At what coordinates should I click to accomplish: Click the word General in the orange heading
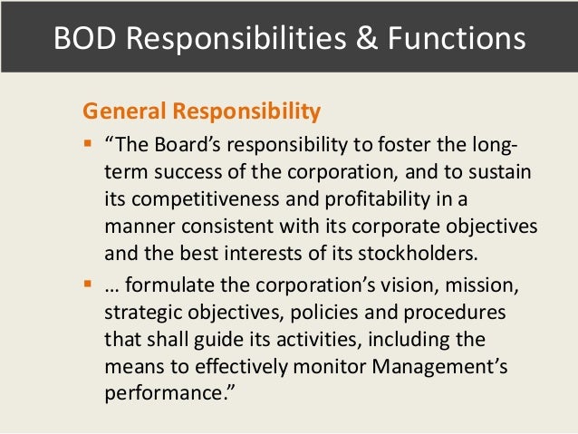tap(118, 112)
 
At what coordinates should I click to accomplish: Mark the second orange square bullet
tap(88, 287)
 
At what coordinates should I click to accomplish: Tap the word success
tap(198, 172)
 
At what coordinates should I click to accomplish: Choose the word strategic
tap(144, 313)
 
